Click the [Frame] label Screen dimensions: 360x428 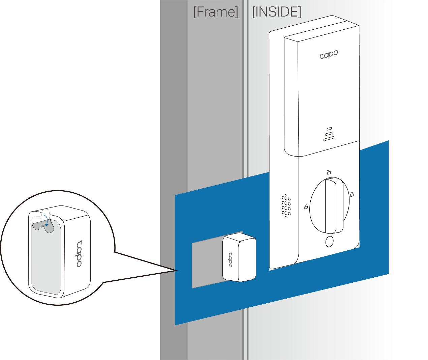(x=216, y=12)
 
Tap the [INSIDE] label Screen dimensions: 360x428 (x=276, y=12)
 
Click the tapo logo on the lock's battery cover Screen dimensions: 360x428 (x=329, y=55)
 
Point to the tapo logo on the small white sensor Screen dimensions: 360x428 (x=231, y=259)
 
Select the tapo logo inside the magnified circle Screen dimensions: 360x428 (x=79, y=253)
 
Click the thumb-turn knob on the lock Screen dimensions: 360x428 (x=330, y=206)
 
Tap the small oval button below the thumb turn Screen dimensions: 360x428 (x=329, y=242)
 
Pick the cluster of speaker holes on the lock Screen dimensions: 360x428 (x=286, y=205)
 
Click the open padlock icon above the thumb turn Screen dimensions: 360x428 (x=329, y=172)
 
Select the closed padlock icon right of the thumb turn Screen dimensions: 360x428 (x=352, y=194)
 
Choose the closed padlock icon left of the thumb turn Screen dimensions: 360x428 (x=306, y=206)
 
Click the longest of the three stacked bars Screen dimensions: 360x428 (x=330, y=138)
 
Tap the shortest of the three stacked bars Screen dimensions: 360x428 (x=329, y=129)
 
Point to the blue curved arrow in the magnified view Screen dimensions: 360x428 (x=47, y=222)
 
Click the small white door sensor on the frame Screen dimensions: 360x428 (x=239, y=258)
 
